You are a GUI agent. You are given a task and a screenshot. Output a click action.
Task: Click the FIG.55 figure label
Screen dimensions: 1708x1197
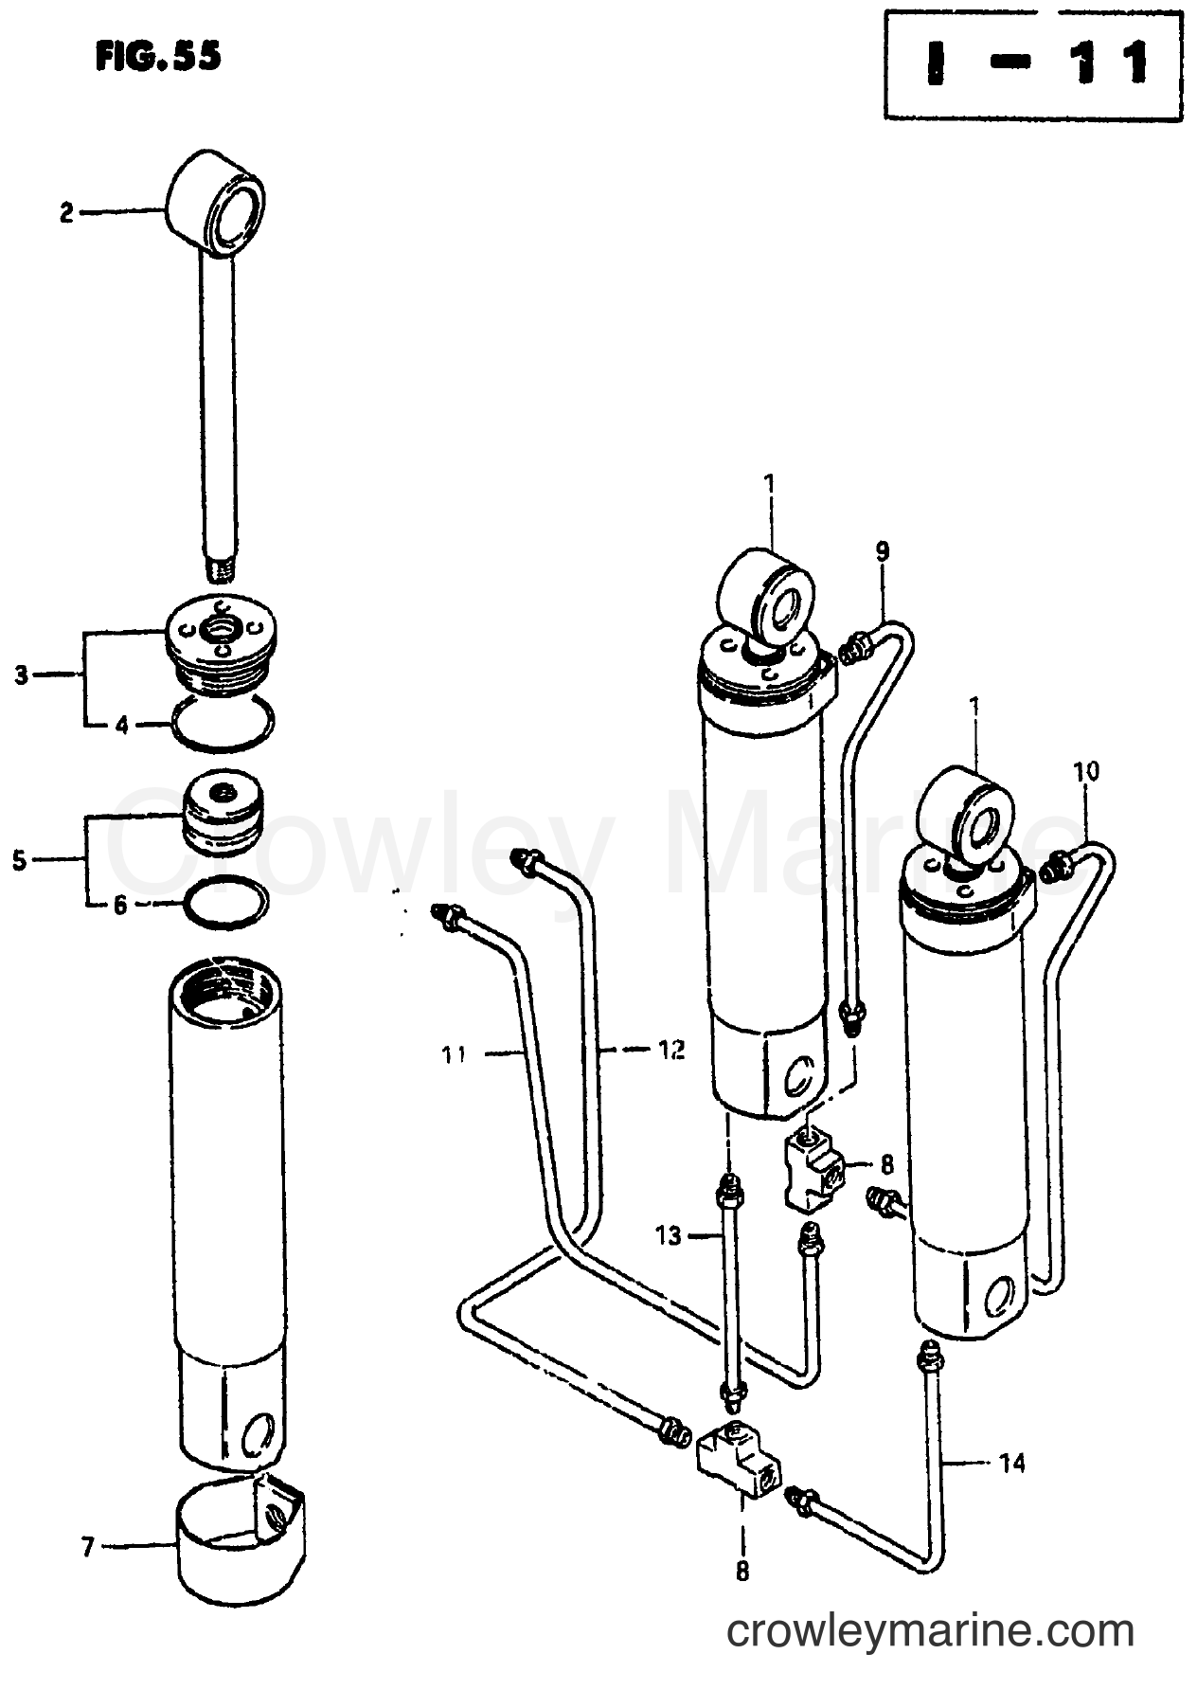pyautogui.click(x=158, y=57)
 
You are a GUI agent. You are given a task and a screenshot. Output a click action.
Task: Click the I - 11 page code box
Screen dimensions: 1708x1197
pyautogui.click(x=1033, y=64)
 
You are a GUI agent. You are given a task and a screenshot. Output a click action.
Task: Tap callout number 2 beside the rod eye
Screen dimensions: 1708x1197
pyautogui.click(x=66, y=214)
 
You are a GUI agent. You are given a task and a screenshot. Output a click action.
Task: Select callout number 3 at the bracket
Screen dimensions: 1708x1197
pyautogui.click(x=21, y=675)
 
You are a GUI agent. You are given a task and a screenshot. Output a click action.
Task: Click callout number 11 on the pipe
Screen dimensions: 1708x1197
pyautogui.click(x=455, y=1052)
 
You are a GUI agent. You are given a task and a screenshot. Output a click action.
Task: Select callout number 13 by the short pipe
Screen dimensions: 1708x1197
pyautogui.click(x=669, y=1235)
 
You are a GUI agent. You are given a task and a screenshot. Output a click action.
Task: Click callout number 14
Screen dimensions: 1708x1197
pyautogui.click(x=1011, y=1465)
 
